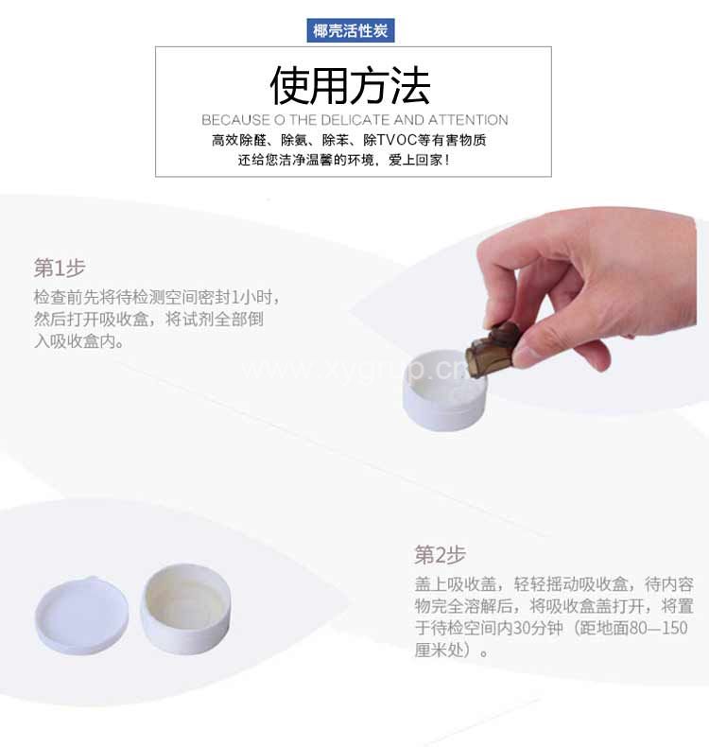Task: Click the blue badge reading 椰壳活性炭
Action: click(x=351, y=30)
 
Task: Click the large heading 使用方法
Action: click(x=351, y=86)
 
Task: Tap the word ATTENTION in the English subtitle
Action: click(x=469, y=119)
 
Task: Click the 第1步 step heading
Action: click(x=60, y=269)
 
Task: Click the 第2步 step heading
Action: click(x=440, y=555)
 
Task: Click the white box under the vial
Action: click(x=443, y=391)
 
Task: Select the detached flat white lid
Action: click(x=81, y=615)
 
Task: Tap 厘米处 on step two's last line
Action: click(x=439, y=650)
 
